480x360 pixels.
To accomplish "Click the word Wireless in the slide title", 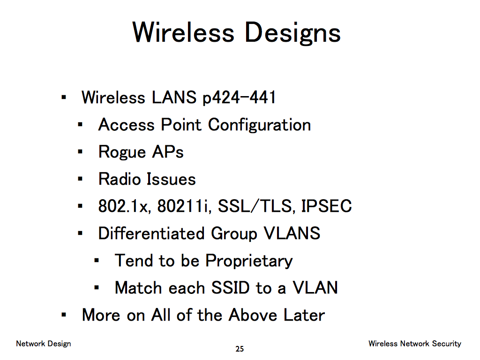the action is [183, 32].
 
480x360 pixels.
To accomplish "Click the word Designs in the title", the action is [292, 34].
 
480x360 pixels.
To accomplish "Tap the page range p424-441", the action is [239, 98].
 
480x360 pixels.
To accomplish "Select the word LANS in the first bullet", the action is [174, 97].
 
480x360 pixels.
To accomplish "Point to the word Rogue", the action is [122, 152].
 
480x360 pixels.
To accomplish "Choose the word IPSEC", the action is [327, 206].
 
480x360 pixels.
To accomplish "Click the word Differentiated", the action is [151, 233].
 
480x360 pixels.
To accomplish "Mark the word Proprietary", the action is [249, 261].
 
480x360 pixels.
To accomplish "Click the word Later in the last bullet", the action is [304, 315].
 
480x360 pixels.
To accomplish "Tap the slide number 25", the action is [240, 349].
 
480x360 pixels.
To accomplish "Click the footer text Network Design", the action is [44, 344].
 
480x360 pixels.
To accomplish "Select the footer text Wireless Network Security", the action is [415, 344].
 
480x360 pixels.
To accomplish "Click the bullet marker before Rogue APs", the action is [80, 151].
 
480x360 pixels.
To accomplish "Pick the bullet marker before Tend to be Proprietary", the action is [97, 261].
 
